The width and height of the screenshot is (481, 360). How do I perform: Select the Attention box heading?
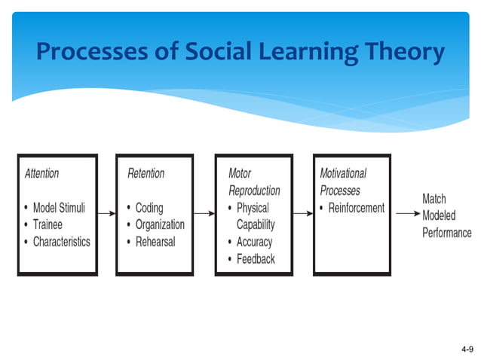click(42, 173)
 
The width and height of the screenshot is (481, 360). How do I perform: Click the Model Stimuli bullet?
click(60, 208)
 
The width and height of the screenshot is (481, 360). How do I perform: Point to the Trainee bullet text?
click(47, 224)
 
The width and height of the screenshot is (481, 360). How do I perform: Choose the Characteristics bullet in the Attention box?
click(61, 242)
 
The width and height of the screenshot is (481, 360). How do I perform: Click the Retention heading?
click(146, 173)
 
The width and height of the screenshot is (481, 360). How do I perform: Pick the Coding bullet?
click(149, 208)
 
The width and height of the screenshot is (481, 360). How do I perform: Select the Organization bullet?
click(160, 224)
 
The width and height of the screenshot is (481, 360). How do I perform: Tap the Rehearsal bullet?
click(155, 242)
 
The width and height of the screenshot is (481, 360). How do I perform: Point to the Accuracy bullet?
click(254, 242)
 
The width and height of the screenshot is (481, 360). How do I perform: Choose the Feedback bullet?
click(256, 259)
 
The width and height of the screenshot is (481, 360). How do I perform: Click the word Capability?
click(256, 224)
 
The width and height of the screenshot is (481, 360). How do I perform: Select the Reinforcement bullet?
click(357, 208)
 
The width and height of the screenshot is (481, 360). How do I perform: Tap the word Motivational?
click(343, 173)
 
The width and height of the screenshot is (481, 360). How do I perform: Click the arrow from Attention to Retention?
click(106, 214)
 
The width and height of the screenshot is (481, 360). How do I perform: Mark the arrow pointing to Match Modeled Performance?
click(406, 214)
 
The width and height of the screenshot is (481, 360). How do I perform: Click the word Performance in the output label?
click(446, 233)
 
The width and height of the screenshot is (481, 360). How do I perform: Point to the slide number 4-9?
click(467, 350)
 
